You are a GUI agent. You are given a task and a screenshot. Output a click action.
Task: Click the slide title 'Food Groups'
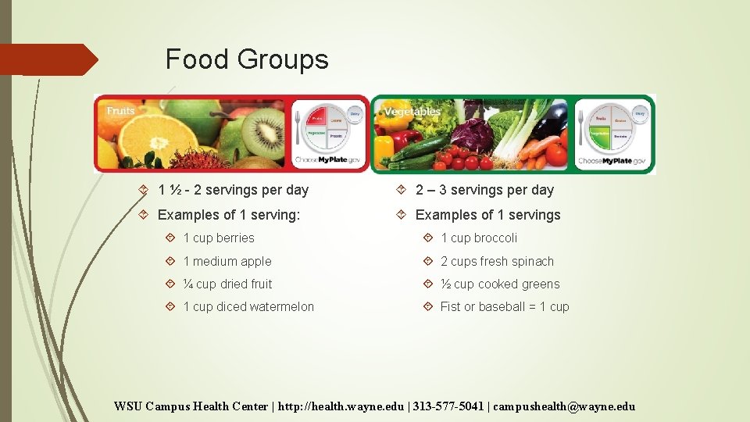(x=247, y=59)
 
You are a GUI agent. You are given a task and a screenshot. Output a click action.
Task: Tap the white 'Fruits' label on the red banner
(x=120, y=111)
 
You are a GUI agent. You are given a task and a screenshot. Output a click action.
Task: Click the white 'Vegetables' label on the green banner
(x=412, y=112)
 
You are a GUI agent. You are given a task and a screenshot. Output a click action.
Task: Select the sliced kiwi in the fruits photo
(x=263, y=133)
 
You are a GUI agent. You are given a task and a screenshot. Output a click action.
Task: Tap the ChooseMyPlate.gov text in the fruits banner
(x=329, y=161)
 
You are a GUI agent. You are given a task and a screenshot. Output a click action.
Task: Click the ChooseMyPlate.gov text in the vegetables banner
(x=612, y=161)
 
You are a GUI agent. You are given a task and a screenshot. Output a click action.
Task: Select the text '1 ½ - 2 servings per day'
(x=233, y=190)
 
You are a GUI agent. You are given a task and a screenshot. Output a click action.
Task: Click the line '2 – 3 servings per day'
(x=484, y=190)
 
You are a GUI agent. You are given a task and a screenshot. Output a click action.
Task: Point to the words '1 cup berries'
(x=219, y=238)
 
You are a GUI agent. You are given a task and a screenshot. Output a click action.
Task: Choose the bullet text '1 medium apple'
(x=227, y=262)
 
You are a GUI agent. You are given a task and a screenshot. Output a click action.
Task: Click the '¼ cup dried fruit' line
(x=227, y=284)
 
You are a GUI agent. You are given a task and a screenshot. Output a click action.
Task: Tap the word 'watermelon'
(x=282, y=307)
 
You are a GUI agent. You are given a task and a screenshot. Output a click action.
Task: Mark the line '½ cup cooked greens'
(x=500, y=284)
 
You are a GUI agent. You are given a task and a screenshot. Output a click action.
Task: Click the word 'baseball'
(x=502, y=307)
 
